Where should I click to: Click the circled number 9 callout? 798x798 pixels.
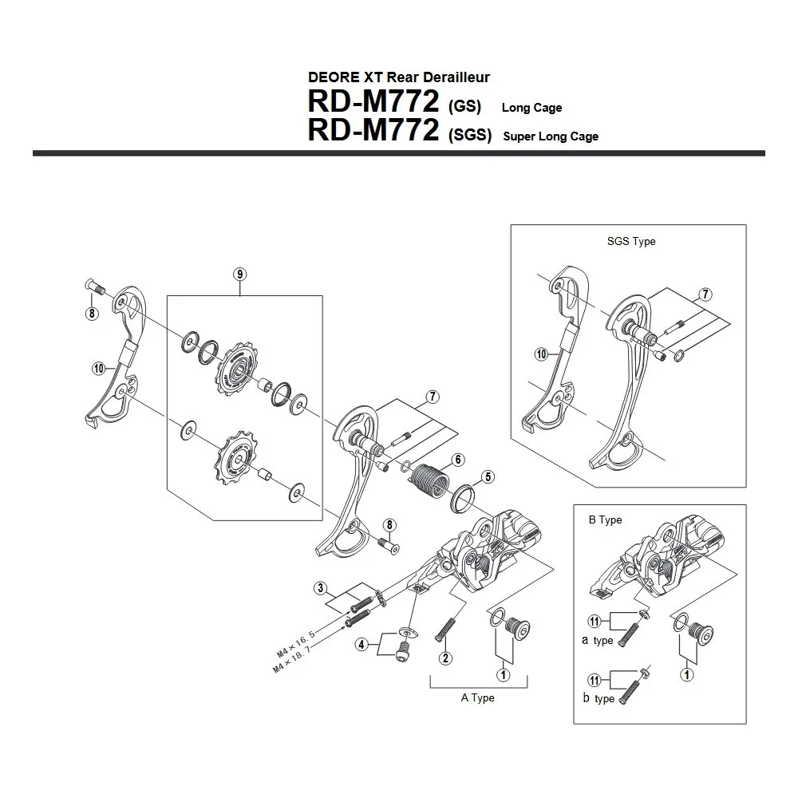pos(240,274)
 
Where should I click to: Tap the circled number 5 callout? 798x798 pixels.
pos(487,479)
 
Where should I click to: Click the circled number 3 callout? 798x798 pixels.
pos(320,589)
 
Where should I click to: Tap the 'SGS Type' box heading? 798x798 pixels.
pos(631,241)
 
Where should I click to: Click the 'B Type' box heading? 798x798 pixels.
pos(605,519)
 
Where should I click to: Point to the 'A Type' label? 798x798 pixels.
pos(477,697)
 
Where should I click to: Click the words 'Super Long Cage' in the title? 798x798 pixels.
pos(551,136)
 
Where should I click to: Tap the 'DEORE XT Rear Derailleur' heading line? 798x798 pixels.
pos(398,77)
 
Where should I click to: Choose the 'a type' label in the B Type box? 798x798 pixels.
pos(598,641)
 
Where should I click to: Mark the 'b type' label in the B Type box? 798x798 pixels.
pos(598,698)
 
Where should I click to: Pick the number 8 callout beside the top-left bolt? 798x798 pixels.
pos(92,314)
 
